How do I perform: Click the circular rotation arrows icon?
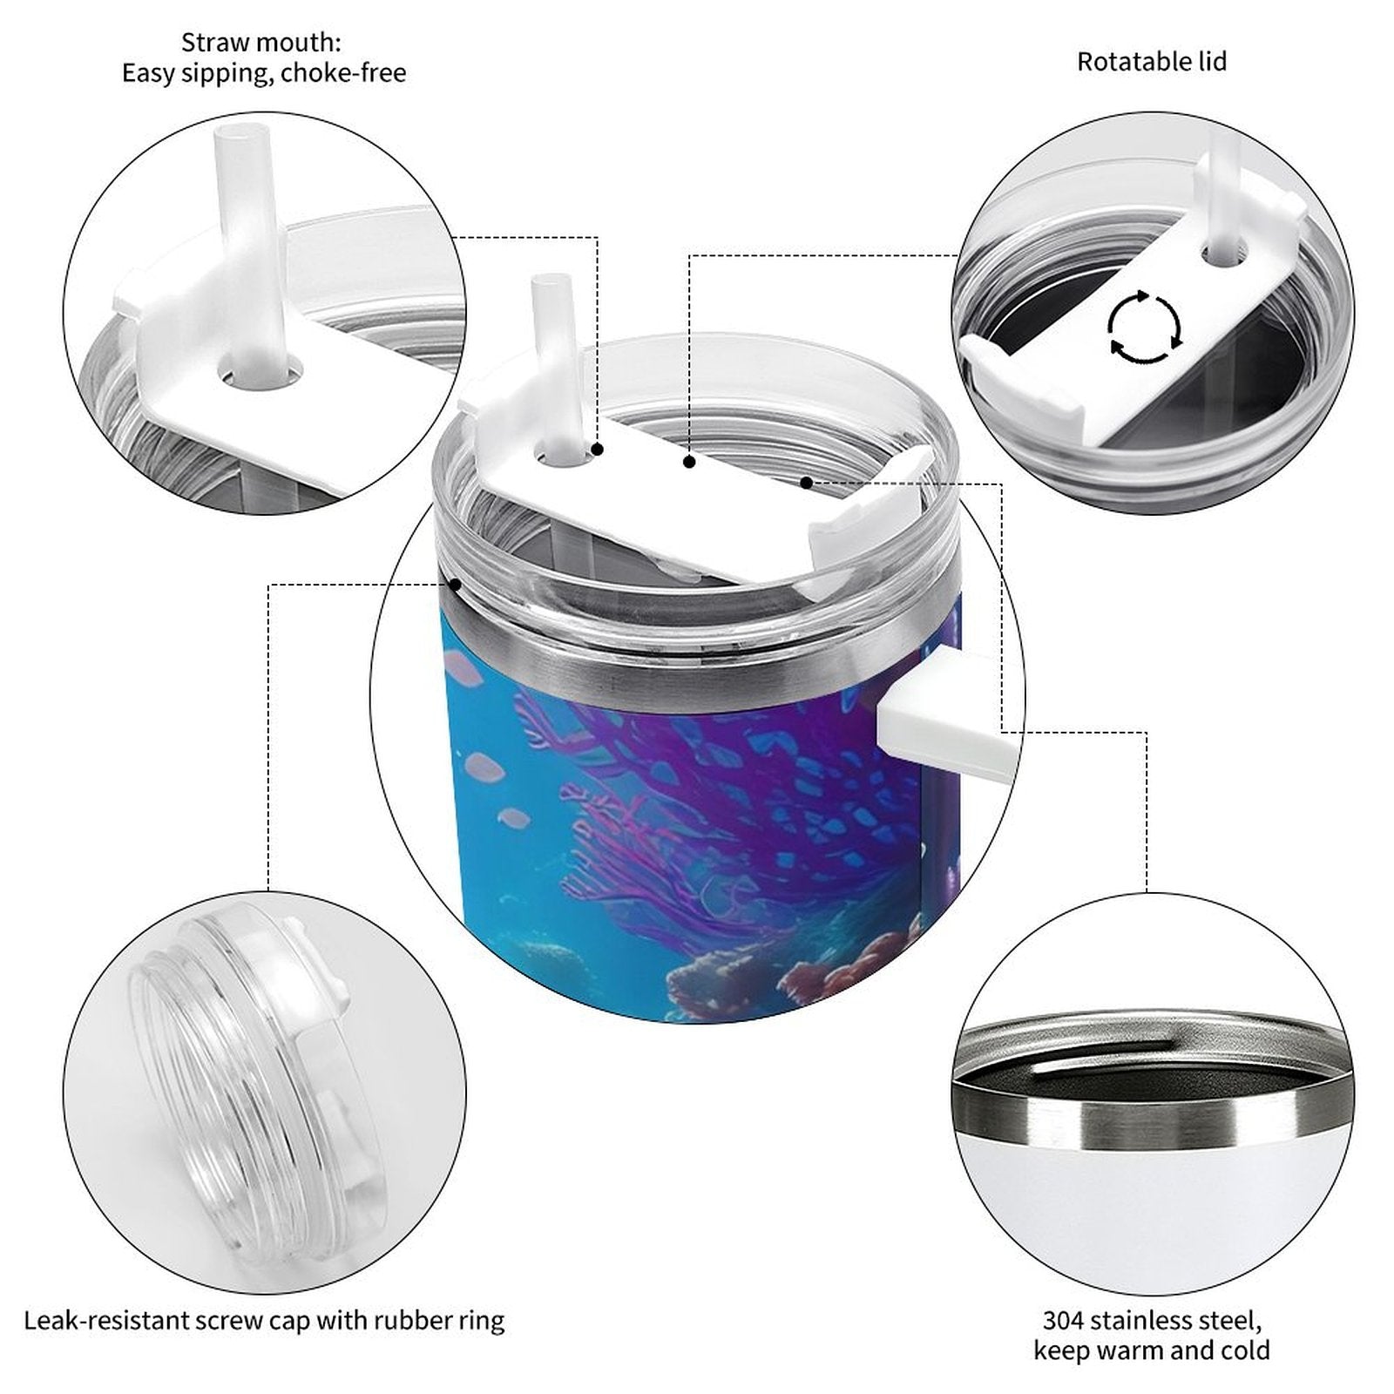1144,328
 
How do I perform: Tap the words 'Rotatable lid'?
1151,62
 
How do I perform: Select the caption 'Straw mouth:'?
261,42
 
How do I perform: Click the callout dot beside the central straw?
599,450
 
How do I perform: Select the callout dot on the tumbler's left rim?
455,584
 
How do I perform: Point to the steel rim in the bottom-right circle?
1149,1111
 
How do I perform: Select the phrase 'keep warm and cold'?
1151,1350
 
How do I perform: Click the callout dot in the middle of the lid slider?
689,462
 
